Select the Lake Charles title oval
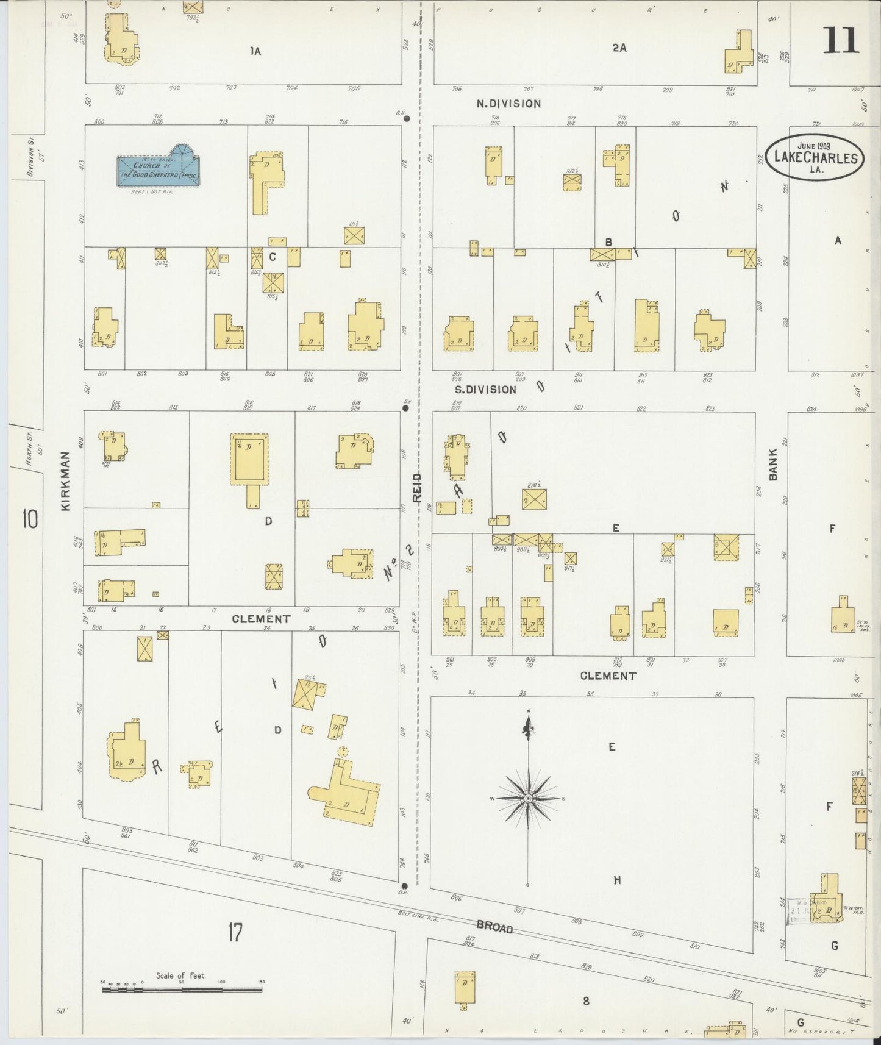coord(815,157)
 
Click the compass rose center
coord(528,798)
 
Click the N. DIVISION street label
coord(508,104)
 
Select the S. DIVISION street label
coord(485,389)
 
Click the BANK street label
coord(772,465)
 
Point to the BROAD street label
coord(494,927)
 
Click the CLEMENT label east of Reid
coord(608,676)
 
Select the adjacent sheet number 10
coord(29,519)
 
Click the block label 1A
coord(255,52)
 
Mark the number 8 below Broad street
coord(585,1000)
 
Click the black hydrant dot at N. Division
coord(407,119)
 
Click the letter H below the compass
coord(617,879)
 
